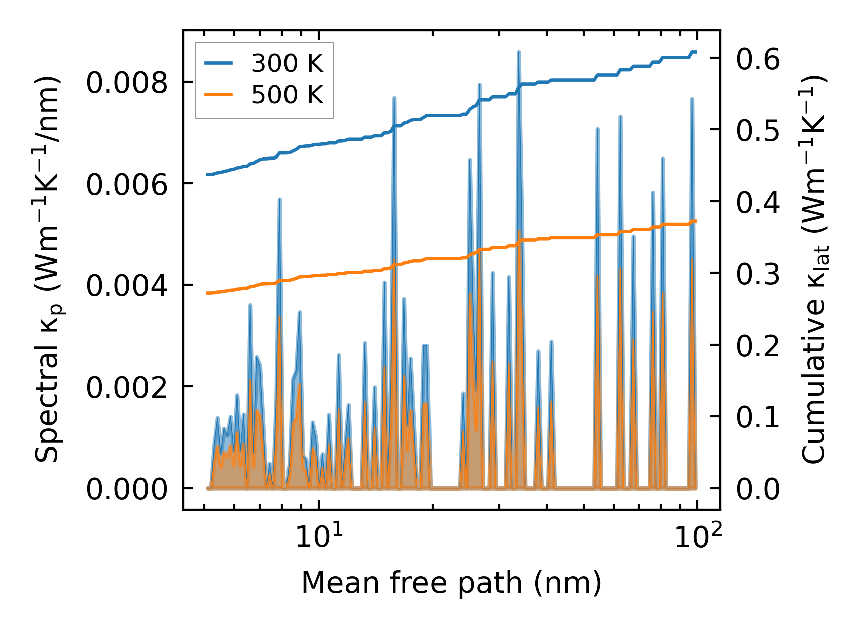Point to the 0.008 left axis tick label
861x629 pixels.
tap(126, 83)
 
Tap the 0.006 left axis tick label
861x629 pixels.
tap(126, 185)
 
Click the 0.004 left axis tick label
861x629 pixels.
tap(126, 286)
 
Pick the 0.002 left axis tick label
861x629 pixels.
tap(126, 388)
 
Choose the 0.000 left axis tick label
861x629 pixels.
tap(126, 489)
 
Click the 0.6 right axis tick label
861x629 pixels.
tap(758, 59)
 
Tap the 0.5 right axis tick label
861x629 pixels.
tap(758, 130)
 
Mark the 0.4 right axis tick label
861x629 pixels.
tap(758, 202)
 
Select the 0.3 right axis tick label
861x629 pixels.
tap(758, 274)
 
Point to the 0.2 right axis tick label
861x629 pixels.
tap(758, 346)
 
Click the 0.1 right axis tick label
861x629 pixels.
tap(758, 417)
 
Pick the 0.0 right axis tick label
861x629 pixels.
tap(758, 489)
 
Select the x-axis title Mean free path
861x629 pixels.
tap(451, 583)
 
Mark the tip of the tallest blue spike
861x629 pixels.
tap(519, 52)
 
